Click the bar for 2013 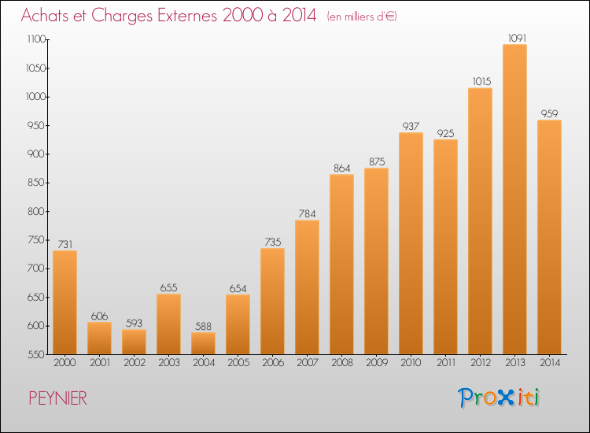514,199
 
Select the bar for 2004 203,343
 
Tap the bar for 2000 65,302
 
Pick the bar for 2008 341,265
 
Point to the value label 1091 517,38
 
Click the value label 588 203,326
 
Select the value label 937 411,126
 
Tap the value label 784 307,214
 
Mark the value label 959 549,113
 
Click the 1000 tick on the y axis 36,97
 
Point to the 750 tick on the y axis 37,240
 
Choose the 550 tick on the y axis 37,354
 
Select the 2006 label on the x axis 273,363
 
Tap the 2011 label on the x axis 446,363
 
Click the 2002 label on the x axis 135,363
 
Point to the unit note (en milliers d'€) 362,17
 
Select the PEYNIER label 58,398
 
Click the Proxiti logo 499,398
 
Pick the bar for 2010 411,243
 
